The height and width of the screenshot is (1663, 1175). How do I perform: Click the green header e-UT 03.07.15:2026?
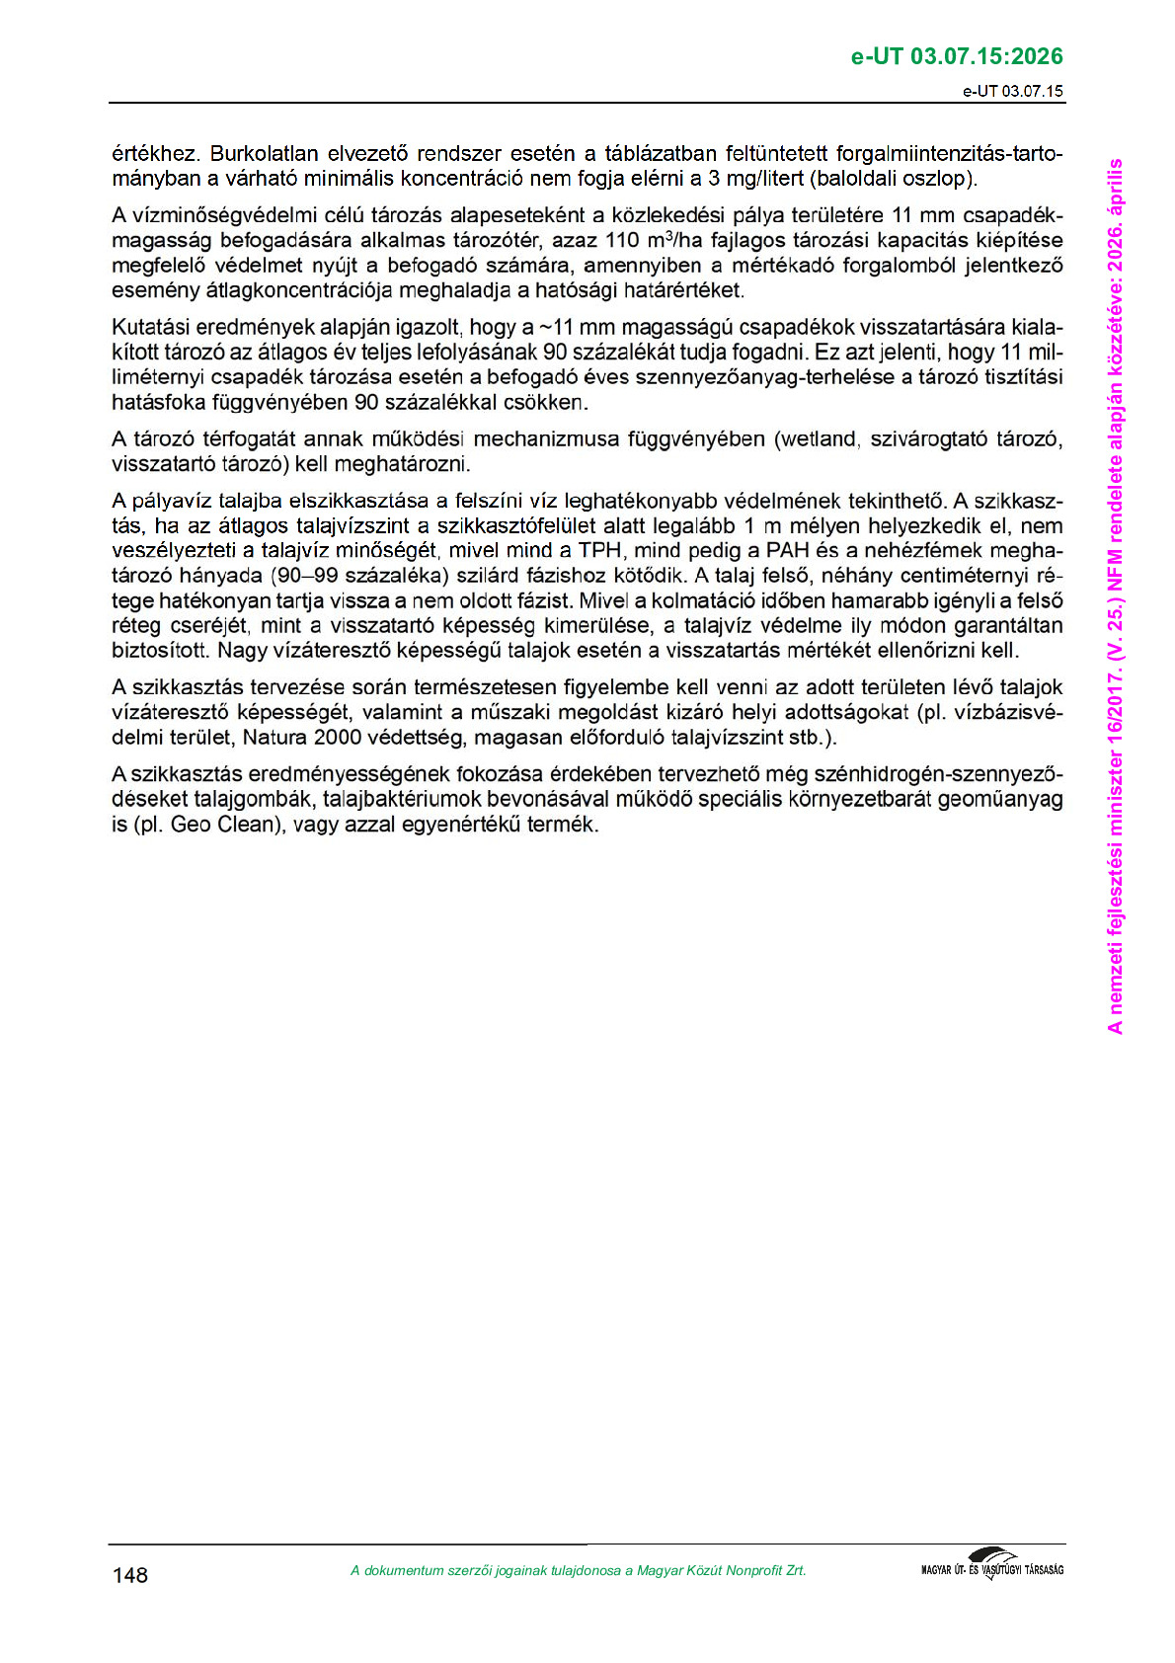pos(957,56)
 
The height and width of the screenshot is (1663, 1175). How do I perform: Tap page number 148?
pos(129,1575)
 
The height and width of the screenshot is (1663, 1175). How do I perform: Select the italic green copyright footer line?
pos(578,1570)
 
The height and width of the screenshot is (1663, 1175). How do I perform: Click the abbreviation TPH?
pos(600,551)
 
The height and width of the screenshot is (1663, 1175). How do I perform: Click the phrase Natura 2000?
pos(288,738)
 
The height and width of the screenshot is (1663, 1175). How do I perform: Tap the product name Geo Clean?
pos(220,825)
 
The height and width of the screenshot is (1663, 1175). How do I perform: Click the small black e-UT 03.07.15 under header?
pos(1014,91)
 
